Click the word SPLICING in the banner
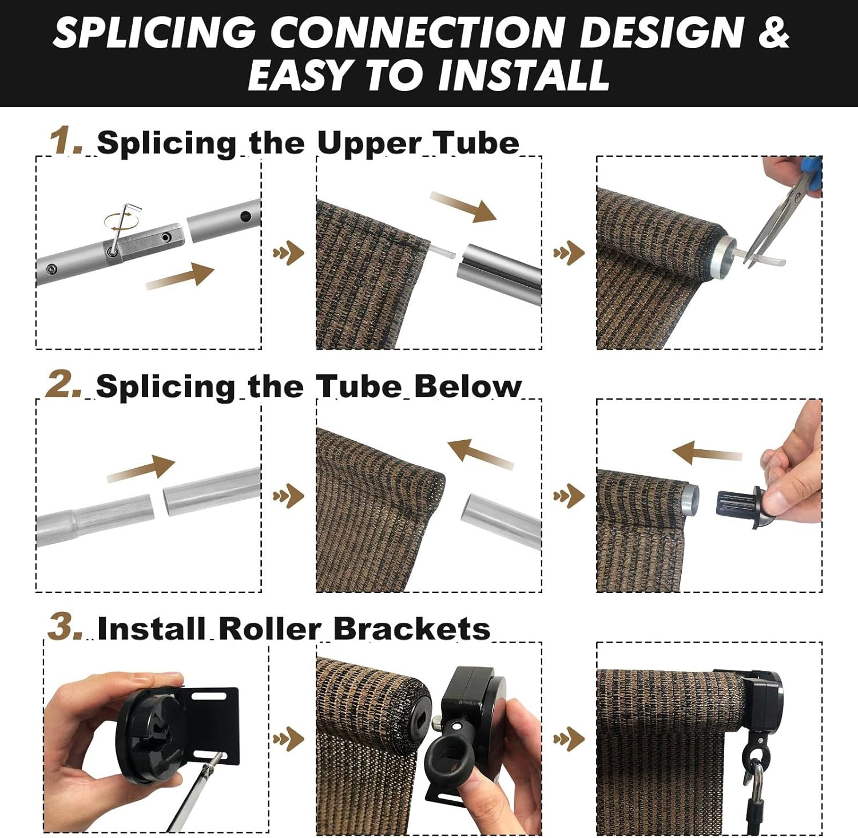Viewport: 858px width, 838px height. (x=155, y=31)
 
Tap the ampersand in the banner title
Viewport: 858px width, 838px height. (x=774, y=31)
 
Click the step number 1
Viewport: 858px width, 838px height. (x=66, y=141)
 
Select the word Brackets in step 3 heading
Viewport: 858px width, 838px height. (x=411, y=628)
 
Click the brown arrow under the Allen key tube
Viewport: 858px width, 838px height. (x=180, y=275)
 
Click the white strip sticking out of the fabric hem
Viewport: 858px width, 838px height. (x=443, y=250)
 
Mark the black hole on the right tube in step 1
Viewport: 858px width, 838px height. (x=246, y=217)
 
